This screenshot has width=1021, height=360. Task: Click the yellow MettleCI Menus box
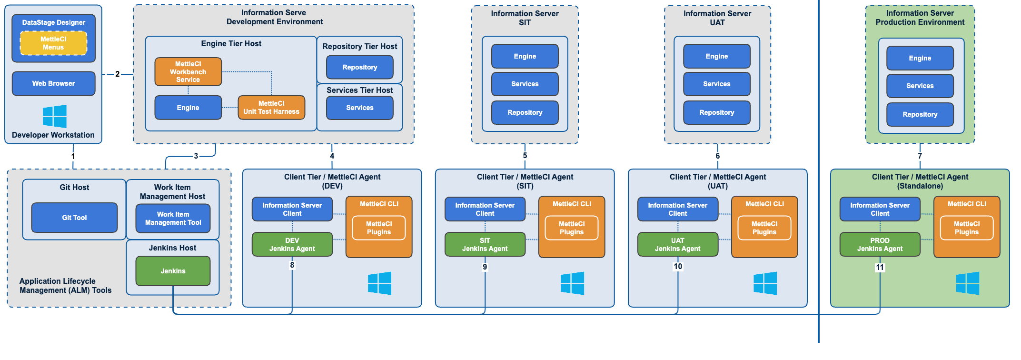click(53, 43)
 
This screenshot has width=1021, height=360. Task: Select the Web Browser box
click(53, 83)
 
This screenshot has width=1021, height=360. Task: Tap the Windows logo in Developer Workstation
click(54, 116)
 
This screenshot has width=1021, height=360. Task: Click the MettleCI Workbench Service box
click(188, 72)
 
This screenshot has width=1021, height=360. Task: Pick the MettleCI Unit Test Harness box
click(271, 108)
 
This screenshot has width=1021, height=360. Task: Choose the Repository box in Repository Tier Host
click(360, 67)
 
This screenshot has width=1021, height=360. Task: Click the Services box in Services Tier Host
click(360, 108)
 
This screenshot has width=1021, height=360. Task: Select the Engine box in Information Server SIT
click(525, 56)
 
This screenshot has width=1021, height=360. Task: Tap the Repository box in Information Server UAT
click(716, 112)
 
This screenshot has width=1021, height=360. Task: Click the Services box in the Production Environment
click(920, 86)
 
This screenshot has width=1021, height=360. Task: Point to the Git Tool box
click(74, 218)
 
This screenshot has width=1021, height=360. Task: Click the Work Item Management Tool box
click(173, 219)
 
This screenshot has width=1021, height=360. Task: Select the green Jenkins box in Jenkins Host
click(173, 271)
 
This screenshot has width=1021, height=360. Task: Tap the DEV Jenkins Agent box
click(292, 244)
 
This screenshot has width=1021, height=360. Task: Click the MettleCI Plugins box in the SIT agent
click(571, 228)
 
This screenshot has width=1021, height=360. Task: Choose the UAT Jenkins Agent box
click(677, 244)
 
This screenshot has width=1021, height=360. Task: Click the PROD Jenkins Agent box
click(880, 244)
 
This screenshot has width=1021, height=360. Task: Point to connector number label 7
click(920, 156)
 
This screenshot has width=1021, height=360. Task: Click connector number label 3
click(196, 156)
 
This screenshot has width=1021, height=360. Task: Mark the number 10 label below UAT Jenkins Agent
click(678, 267)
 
